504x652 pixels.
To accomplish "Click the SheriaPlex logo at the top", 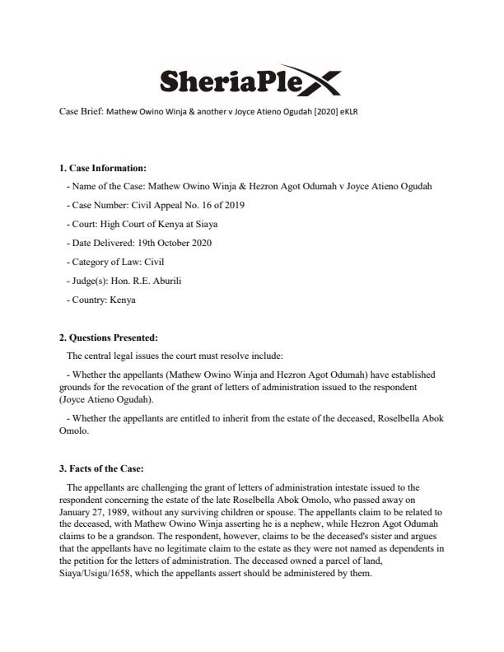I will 248,79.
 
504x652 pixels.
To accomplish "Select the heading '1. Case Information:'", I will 102,169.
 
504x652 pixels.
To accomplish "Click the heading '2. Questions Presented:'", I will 108,338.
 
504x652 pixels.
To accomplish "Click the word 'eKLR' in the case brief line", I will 349,112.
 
